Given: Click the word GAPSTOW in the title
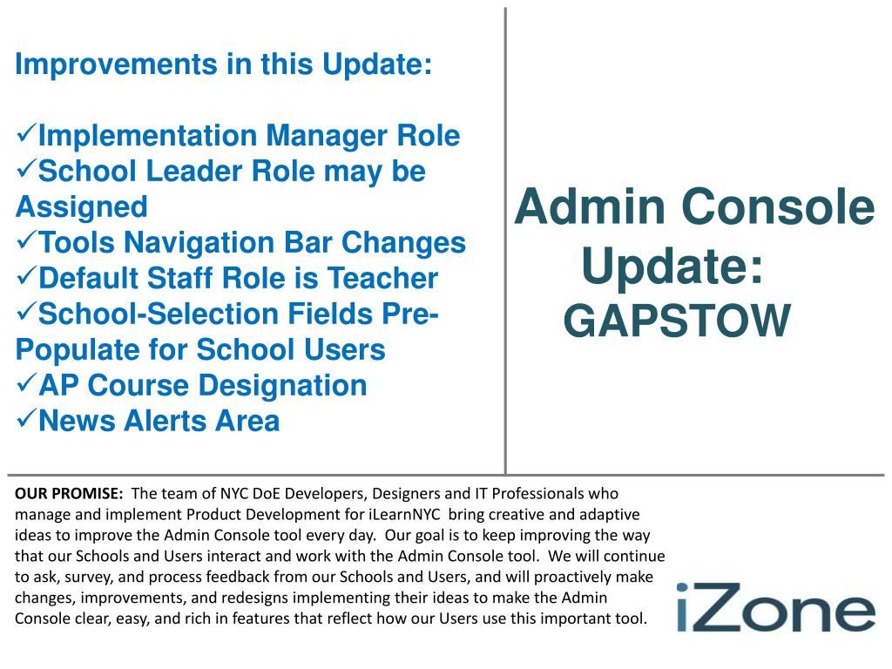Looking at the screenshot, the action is (677, 321).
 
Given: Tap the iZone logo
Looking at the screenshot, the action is (775, 607).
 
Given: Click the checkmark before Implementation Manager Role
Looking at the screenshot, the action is (26, 133).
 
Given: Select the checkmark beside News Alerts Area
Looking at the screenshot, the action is (26, 419).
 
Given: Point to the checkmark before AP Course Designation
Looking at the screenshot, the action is (26, 383).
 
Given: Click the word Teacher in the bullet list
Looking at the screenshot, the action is (382, 278).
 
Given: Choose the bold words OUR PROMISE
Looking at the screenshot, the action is (69, 493).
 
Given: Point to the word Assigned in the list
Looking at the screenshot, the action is (81, 207).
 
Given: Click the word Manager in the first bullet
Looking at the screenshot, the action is (326, 136).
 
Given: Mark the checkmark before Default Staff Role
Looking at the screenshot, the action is (26, 276).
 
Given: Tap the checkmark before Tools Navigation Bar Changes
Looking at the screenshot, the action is (26, 240).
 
